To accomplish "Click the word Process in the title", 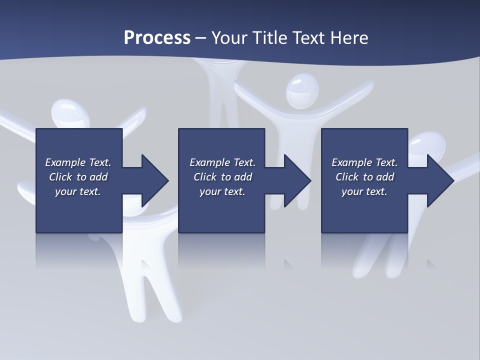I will point(157,38).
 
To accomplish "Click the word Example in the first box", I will point(65,162).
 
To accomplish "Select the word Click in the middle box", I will point(205,177).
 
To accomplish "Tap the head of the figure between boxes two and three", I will point(302,90).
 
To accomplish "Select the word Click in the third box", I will point(347,177).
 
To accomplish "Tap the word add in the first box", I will point(98,177).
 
